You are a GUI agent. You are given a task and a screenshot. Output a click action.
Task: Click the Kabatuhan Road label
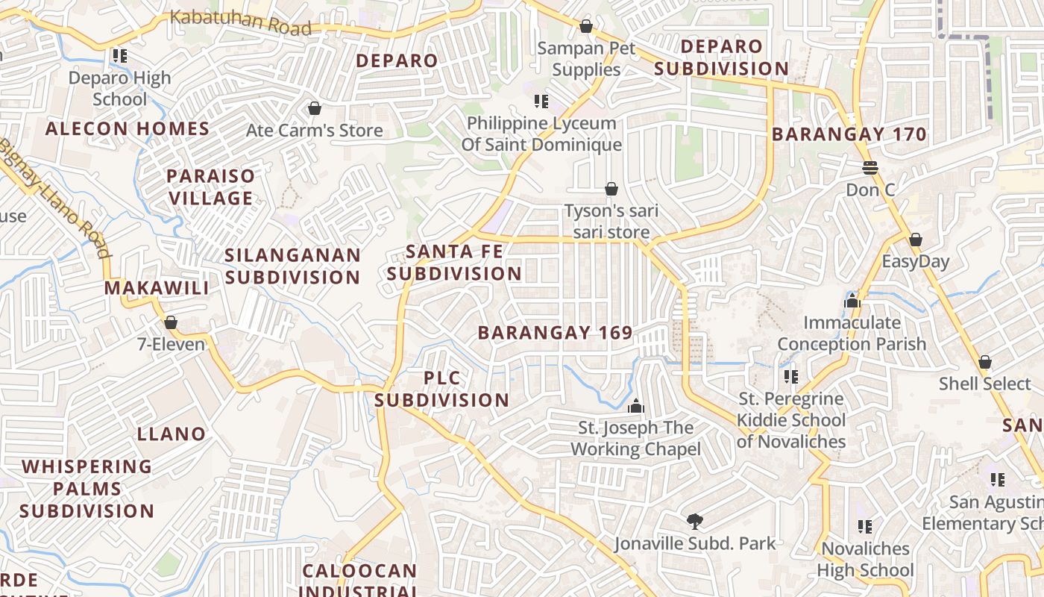(240, 21)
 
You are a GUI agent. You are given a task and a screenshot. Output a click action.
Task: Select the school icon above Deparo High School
(119, 56)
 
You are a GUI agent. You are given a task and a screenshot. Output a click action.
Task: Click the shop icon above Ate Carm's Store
(314, 109)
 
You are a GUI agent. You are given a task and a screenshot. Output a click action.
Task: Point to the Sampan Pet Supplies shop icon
(586, 27)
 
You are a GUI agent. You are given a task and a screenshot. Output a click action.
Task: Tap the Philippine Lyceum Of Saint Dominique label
(541, 134)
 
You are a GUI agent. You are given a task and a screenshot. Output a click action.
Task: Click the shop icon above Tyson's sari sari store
(611, 189)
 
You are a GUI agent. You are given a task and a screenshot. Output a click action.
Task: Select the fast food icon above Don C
(870, 167)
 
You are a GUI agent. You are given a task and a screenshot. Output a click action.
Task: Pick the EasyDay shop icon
(915, 240)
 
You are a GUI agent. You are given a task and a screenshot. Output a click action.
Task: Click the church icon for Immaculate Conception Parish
(852, 301)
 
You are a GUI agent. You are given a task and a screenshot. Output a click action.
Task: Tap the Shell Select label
(984, 384)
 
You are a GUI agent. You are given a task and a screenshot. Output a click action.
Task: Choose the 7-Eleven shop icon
(171, 322)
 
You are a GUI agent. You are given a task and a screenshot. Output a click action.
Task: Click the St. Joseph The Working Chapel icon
(635, 406)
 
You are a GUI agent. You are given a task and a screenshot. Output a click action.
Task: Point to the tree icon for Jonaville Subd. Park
(694, 521)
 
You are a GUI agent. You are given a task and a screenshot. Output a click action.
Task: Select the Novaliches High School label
(865, 560)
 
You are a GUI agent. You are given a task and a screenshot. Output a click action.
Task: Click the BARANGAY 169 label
(555, 333)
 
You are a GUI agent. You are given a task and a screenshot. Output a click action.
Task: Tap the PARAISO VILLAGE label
(210, 187)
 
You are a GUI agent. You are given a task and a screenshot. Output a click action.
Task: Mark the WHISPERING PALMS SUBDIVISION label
(87, 489)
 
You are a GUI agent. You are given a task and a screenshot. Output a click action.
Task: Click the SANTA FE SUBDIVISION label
(453, 263)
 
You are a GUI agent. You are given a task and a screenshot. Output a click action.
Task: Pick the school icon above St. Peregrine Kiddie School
(790, 377)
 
